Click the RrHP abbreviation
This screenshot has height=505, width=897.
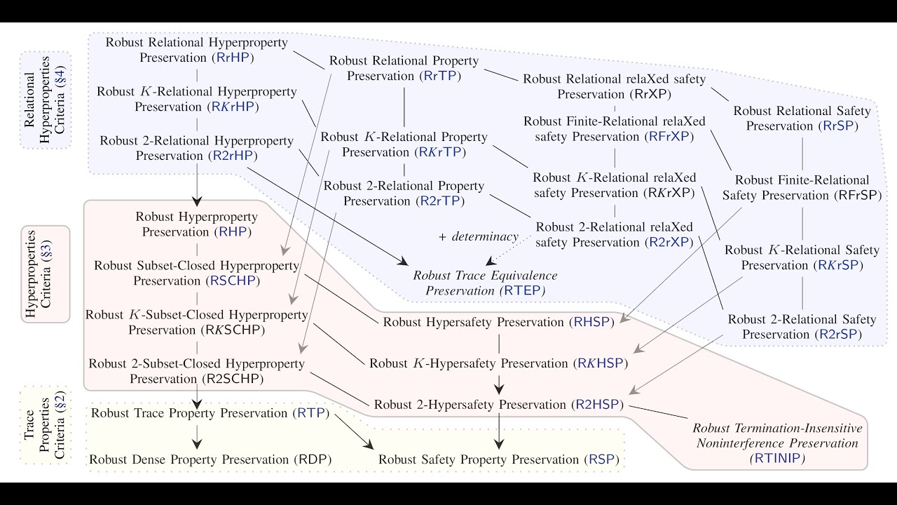pyautogui.click(x=235, y=58)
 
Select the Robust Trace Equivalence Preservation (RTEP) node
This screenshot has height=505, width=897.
pyautogui.click(x=485, y=282)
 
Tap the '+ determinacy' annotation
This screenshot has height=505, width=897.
pyautogui.click(x=478, y=237)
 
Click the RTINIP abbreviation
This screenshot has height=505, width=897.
pyautogui.click(x=777, y=459)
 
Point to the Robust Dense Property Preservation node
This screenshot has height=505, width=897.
pyautogui.click(x=210, y=459)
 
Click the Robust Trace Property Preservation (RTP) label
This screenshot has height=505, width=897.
pyautogui.click(x=210, y=412)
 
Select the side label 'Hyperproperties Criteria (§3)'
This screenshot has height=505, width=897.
pyautogui.click(x=45, y=274)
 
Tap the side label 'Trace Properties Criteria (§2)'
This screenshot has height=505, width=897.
pyautogui.click(x=45, y=425)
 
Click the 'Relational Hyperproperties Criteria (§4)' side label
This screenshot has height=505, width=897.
pyautogui.click(x=45, y=100)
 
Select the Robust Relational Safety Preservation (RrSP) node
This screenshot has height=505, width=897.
pyautogui.click(x=802, y=119)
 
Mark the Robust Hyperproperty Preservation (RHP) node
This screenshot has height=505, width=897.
pyautogui.click(x=197, y=224)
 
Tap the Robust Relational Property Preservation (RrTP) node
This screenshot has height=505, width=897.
pyautogui.click(x=404, y=69)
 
